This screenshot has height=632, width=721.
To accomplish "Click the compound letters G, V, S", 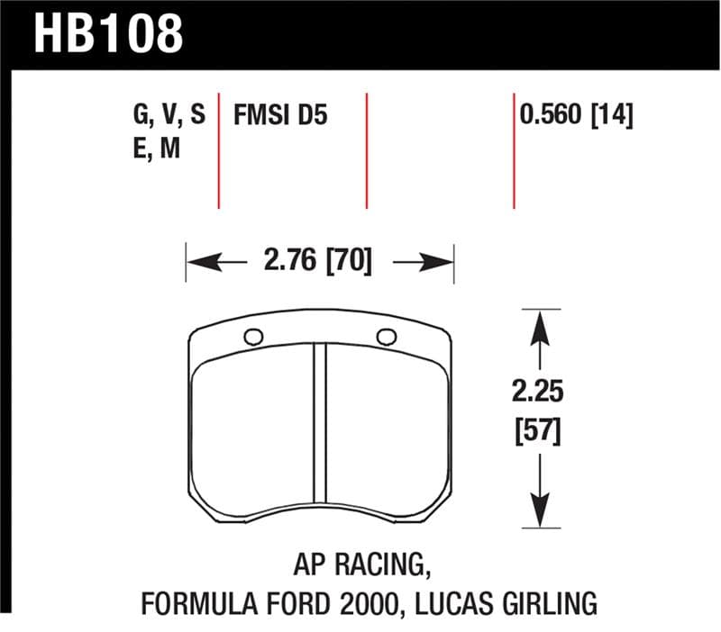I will tap(168, 115).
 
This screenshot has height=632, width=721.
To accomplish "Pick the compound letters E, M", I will tap(155, 148).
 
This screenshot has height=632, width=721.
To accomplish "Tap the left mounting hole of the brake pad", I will tap(254, 338).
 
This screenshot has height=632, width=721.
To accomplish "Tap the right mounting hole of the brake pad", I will tap(386, 338).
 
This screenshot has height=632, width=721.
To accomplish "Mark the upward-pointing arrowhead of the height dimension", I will tap(539, 326).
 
